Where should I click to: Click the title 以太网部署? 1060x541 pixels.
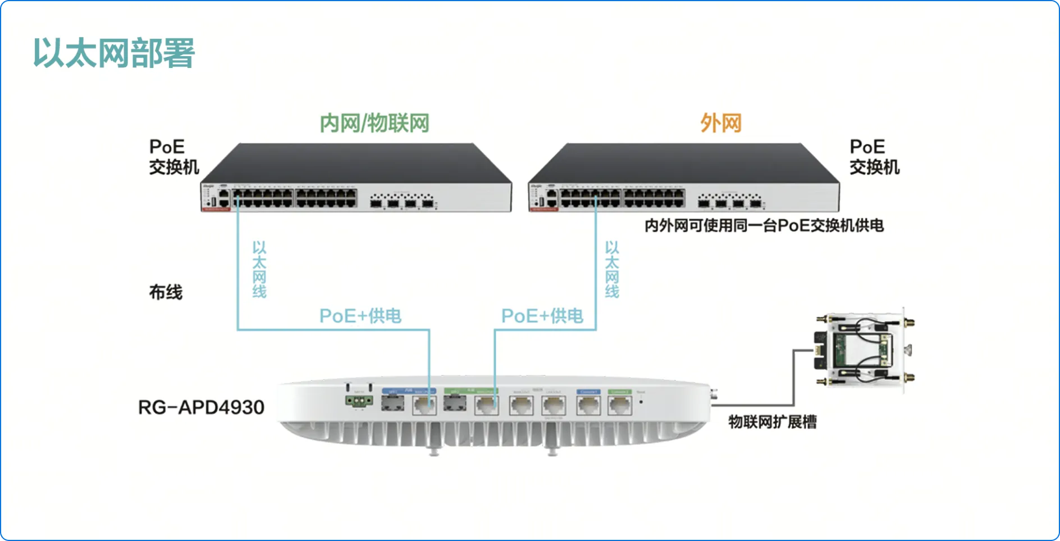pyautogui.click(x=114, y=53)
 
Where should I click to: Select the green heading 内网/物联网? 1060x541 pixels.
pyautogui.click(x=374, y=123)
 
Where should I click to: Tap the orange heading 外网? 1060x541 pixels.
pyautogui.click(x=721, y=123)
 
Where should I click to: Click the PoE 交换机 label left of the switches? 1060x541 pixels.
pyautogui.click(x=173, y=157)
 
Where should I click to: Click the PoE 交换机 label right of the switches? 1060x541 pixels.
pyautogui.click(x=874, y=157)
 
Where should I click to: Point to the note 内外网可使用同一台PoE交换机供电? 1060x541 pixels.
pyautogui.click(x=764, y=226)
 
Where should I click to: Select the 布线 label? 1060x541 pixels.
pyautogui.click(x=166, y=292)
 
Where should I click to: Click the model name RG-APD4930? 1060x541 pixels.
pyautogui.click(x=201, y=407)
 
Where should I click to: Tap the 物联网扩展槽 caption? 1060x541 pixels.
pyautogui.click(x=773, y=422)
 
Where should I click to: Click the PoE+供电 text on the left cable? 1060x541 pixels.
pyautogui.click(x=360, y=316)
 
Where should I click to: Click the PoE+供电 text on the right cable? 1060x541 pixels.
pyautogui.click(x=542, y=316)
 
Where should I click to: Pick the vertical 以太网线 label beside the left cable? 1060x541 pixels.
pyautogui.click(x=259, y=269)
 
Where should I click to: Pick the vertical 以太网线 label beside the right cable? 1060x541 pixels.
pyautogui.click(x=611, y=269)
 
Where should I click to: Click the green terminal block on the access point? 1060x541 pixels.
pyautogui.click(x=359, y=401)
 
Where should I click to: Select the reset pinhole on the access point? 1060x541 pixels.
pyautogui.click(x=641, y=402)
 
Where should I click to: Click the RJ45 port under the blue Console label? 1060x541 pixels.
pyautogui.click(x=588, y=405)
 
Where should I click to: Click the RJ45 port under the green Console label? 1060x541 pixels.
pyautogui.click(x=620, y=405)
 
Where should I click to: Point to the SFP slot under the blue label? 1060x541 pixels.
pyautogui.click(x=392, y=403)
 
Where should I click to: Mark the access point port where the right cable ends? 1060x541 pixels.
pyautogui.click(x=487, y=405)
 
